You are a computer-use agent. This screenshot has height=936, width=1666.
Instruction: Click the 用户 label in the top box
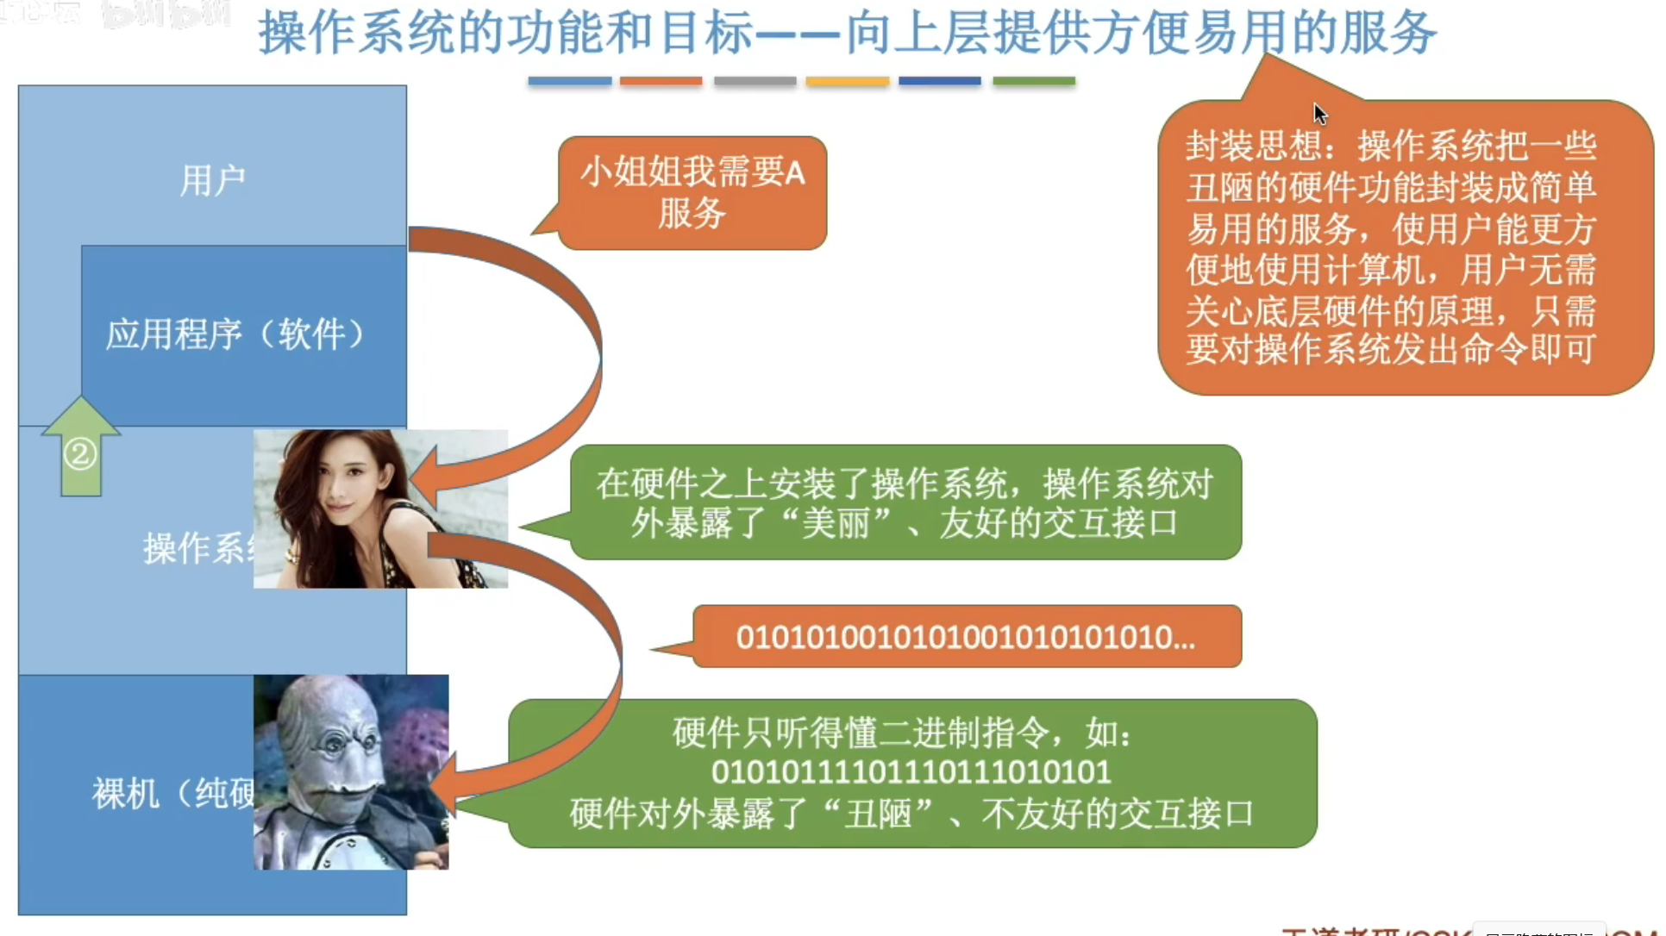click(212, 181)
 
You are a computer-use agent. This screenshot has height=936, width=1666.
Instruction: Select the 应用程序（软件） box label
click(235, 334)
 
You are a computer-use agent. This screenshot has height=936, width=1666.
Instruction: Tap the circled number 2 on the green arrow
click(80, 453)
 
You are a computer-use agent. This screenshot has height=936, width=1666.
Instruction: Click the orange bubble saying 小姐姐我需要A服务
click(692, 193)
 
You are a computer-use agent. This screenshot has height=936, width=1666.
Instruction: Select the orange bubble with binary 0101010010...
click(966, 638)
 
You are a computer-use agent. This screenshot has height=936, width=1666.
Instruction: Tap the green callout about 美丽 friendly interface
click(905, 502)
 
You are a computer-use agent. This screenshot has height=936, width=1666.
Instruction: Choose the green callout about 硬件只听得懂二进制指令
click(911, 773)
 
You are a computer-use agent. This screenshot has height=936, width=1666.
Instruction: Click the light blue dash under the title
click(569, 81)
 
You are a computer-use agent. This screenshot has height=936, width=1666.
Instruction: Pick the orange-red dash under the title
click(661, 81)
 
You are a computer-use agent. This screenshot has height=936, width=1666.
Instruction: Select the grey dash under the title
click(755, 81)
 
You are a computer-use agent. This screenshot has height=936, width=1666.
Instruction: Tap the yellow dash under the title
click(847, 81)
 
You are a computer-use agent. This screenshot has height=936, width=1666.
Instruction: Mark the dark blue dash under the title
click(939, 81)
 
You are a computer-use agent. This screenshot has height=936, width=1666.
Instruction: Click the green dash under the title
click(1033, 81)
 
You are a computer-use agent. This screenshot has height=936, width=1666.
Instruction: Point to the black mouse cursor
click(1319, 113)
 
